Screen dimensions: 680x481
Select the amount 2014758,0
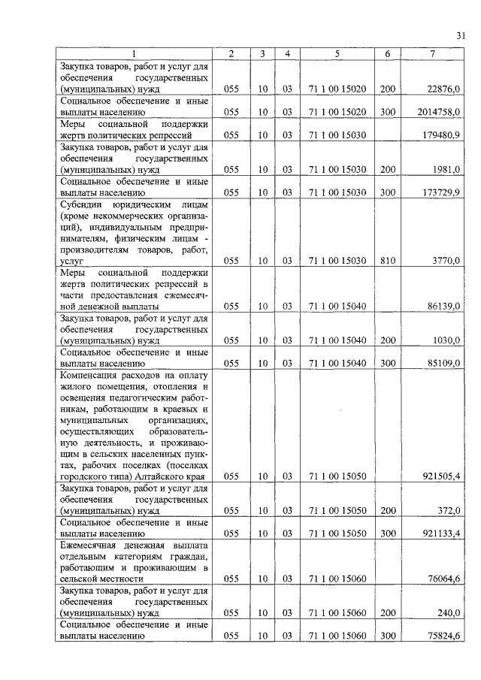point(440,112)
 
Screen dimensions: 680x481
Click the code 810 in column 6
point(388,261)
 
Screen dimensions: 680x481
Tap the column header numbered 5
point(337,54)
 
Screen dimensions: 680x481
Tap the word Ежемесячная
point(95,545)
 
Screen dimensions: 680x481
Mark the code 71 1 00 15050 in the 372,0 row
point(337,511)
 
